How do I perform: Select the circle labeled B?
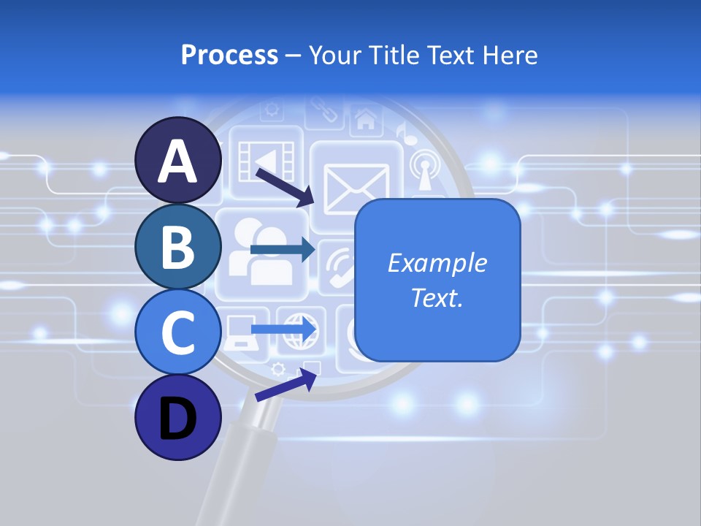pos(178,246)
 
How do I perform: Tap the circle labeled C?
pos(178,332)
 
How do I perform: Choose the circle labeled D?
pos(178,418)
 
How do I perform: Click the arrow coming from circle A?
pos(285,187)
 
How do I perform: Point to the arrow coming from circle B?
pos(282,250)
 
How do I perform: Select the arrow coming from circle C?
pos(283,329)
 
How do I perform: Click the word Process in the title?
pos(229,55)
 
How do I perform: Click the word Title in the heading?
pos(394,55)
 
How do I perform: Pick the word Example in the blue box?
pos(437,263)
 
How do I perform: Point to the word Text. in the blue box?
pos(437,297)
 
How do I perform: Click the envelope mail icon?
pos(356,186)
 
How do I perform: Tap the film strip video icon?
pos(267,159)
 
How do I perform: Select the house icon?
pos(365,118)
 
